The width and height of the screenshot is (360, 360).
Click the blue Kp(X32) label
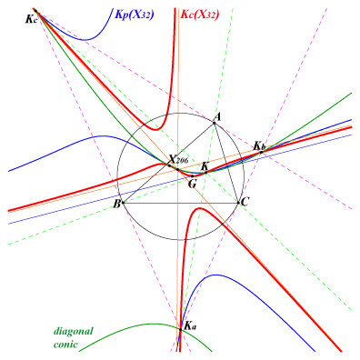click(x=135, y=15)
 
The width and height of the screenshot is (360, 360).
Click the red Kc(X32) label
click(x=200, y=15)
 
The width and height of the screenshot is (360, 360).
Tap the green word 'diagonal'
click(x=74, y=331)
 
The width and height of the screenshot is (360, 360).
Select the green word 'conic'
click(x=65, y=345)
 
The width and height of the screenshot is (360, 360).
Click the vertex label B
click(x=116, y=205)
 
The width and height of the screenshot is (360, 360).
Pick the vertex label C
click(x=245, y=202)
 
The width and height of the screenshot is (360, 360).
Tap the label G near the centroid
click(x=192, y=184)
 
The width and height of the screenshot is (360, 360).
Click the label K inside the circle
click(x=205, y=165)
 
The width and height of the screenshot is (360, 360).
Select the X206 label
click(x=178, y=159)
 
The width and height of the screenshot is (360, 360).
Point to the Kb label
click(x=259, y=146)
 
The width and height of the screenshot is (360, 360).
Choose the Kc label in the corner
click(x=32, y=19)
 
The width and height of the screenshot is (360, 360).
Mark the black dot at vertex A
click(x=215, y=123)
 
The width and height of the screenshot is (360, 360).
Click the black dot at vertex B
click(x=123, y=203)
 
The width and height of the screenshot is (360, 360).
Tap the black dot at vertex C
click(x=238, y=203)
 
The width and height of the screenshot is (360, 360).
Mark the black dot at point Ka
click(x=181, y=330)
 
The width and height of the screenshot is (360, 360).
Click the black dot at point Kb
click(x=261, y=152)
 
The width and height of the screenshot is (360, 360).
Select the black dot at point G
click(x=192, y=176)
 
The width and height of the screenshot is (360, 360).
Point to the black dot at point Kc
click(x=35, y=11)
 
